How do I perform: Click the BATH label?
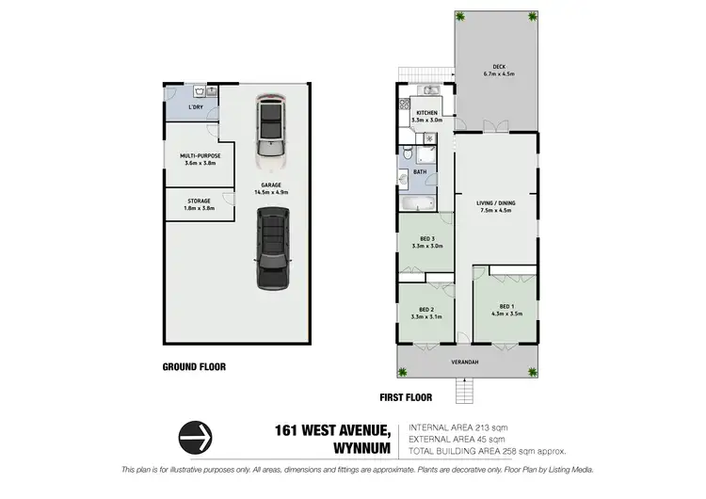420,172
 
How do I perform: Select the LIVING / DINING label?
496,206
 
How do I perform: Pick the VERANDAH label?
468,362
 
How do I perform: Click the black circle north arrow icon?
196,437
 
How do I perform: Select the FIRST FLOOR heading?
405,397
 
